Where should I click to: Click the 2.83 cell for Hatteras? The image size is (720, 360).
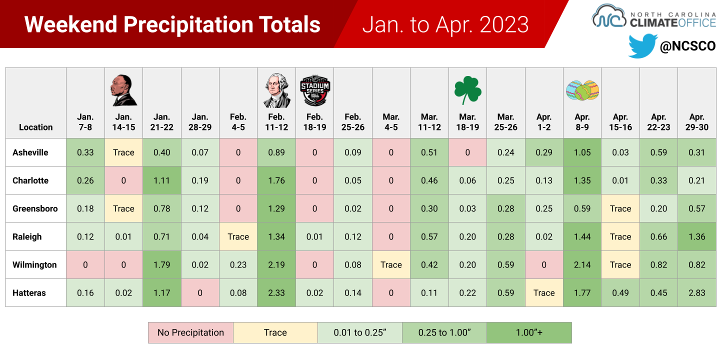coord(697,293)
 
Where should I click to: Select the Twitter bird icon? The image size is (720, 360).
coord(642,46)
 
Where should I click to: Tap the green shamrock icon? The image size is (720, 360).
coord(467,90)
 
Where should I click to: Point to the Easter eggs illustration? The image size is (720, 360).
coord(582,90)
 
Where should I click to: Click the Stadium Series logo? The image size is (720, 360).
coord(314,90)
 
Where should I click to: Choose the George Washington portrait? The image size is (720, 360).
coord(277,90)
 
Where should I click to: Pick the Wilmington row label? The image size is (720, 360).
coord(34,265)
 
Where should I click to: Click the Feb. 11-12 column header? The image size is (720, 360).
coord(276,122)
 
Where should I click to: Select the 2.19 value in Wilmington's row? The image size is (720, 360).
coord(276,265)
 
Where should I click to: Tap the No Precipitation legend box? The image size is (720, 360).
coord(190,332)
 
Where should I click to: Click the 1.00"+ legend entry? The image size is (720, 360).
coord(529,332)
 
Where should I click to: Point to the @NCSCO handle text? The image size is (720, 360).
coord(687,46)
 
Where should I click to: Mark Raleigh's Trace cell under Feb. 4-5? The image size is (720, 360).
coord(238,237)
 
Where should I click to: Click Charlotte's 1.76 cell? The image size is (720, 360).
coord(276,180)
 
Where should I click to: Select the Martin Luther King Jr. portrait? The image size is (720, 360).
coord(124,90)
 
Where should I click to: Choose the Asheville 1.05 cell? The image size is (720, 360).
coord(582,152)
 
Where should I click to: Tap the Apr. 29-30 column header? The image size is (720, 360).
coord(697,122)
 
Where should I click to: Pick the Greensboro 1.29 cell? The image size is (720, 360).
coord(276,208)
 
